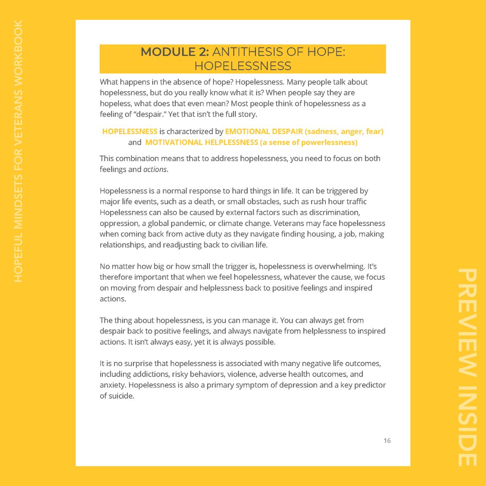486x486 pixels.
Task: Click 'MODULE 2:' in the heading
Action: (175, 52)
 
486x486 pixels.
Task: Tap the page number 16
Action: (387, 441)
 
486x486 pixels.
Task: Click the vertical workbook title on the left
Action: (18, 151)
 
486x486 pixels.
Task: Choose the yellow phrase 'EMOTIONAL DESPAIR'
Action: (264, 131)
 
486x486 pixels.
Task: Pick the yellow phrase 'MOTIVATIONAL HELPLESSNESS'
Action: (201, 142)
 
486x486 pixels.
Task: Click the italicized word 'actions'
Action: (155, 169)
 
